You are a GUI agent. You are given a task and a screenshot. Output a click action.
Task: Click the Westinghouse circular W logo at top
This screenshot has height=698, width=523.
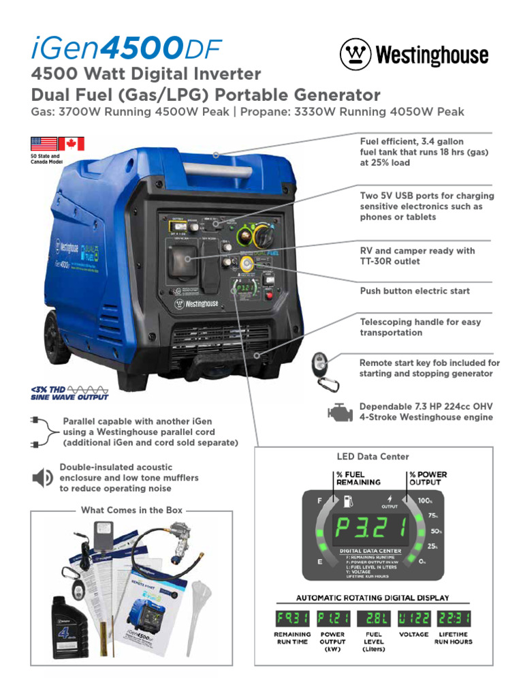click(354, 54)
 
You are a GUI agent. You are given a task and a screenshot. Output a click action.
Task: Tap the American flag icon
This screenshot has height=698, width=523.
click(43, 144)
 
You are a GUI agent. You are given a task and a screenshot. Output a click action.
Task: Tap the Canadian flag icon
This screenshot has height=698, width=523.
click(71, 144)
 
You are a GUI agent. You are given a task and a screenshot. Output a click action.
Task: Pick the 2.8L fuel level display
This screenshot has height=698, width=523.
click(374, 619)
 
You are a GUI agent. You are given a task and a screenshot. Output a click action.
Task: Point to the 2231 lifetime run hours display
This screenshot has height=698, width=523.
click(454, 619)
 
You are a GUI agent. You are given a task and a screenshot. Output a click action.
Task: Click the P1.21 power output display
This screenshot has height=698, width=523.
click(333, 619)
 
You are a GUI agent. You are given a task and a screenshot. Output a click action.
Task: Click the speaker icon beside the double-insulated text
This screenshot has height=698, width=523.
click(42, 478)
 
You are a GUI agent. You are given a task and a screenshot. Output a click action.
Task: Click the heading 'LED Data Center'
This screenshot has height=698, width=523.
click(373, 456)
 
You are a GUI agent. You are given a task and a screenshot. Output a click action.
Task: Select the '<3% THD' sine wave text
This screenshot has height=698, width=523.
click(69, 391)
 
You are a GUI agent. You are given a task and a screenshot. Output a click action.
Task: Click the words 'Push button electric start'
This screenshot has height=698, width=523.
click(415, 291)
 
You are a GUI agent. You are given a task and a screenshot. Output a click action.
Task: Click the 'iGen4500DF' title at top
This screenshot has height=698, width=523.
click(126, 50)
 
